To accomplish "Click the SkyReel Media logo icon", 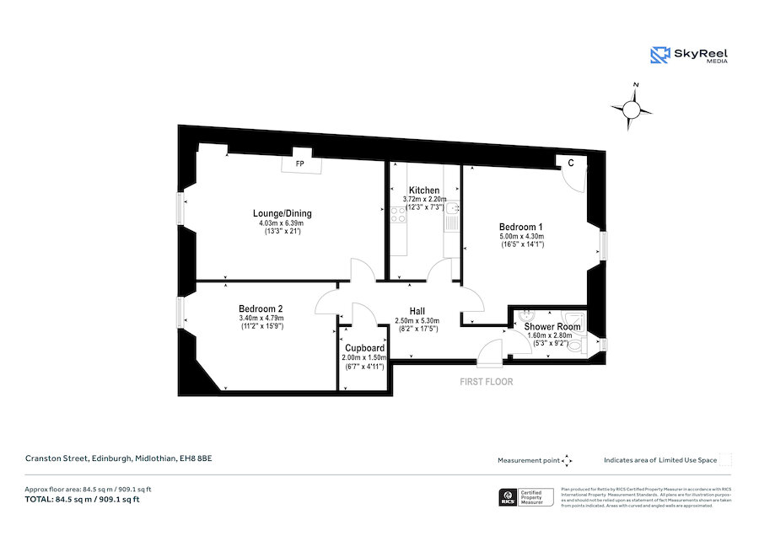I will tap(659, 55).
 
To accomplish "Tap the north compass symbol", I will tap(632, 107).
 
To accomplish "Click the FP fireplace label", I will tap(299, 163).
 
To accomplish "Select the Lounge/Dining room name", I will tap(283, 212).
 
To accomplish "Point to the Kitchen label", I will tap(423, 190).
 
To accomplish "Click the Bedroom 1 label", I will tap(520, 227).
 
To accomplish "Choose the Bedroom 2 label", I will tap(260, 308).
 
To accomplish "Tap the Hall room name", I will tap(417, 311).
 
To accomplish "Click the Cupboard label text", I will tap(365, 348).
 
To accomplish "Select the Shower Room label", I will tap(552, 326).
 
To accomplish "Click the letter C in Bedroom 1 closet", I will tap(571, 163).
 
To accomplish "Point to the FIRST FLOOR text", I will tap(486, 382).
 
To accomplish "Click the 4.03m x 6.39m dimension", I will tap(283, 222).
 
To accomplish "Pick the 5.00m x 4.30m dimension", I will tap(520, 237).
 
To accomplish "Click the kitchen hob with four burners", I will tap(398, 215).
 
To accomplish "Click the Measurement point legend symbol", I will tap(568, 460).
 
